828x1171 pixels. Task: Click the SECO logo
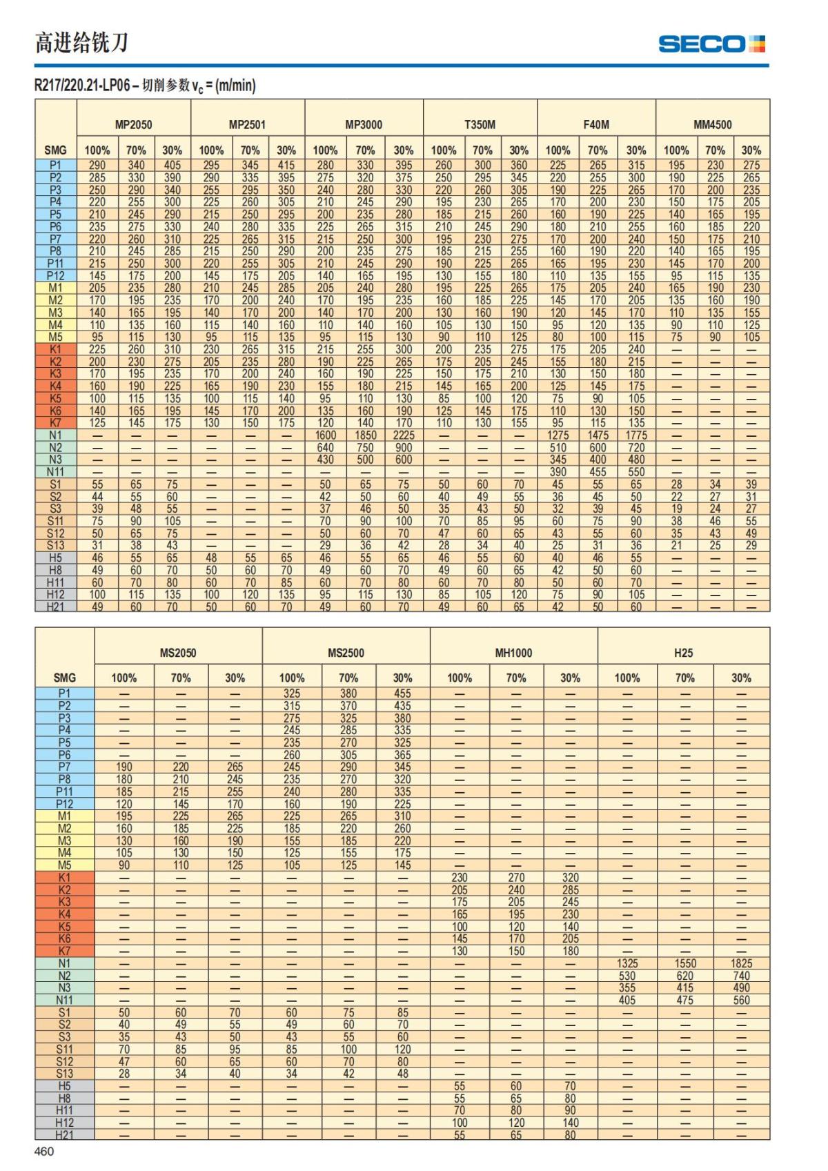711,44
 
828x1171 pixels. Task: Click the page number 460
44,1151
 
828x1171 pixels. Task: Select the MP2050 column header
133,125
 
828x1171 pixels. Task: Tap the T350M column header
480,125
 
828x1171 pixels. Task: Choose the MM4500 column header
712,125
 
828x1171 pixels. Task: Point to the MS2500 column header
346,653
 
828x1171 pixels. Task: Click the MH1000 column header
513,653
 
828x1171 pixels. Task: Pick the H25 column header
683,653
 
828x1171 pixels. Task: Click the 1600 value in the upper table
325,435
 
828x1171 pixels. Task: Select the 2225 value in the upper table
404,435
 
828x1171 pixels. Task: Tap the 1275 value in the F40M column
558,435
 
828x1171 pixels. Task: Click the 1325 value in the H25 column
627,963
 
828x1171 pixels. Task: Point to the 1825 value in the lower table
741,963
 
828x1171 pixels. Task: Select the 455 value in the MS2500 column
402,693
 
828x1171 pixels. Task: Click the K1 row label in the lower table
64,878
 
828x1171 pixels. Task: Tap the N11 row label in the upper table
55,472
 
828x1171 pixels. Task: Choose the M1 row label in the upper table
55,288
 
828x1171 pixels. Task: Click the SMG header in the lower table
64,678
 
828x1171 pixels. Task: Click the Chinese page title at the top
81,43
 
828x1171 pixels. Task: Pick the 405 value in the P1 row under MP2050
172,166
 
